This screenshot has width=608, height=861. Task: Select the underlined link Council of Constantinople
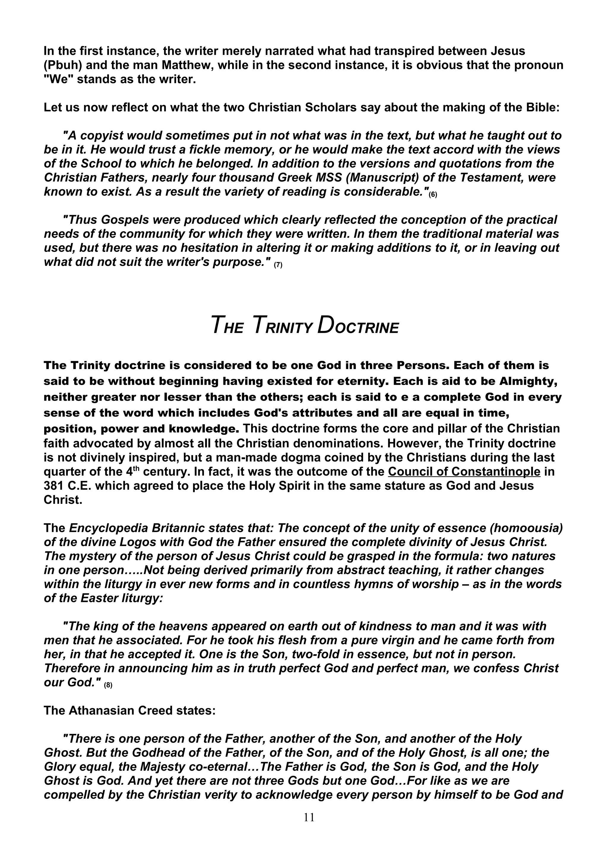pos(464,471)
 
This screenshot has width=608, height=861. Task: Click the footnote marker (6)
pos(433,195)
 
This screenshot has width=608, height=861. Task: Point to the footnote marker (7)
pos(278,265)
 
